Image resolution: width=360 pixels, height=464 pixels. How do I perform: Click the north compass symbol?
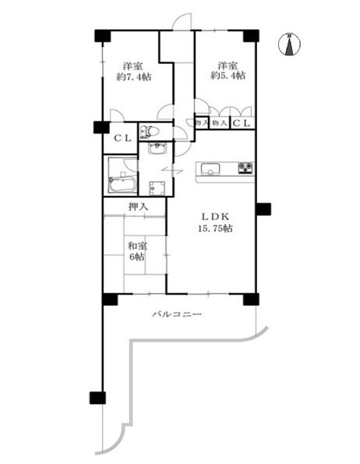click(x=289, y=44)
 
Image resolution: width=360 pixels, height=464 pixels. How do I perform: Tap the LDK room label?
click(x=215, y=217)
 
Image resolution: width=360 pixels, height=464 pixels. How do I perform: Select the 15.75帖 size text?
click(x=215, y=228)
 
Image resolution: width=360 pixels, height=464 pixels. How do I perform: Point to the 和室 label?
click(x=137, y=246)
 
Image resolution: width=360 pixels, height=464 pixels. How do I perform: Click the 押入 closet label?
click(x=138, y=207)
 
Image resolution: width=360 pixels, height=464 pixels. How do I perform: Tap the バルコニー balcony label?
click(x=177, y=314)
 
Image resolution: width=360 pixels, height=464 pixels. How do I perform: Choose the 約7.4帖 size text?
click(x=134, y=77)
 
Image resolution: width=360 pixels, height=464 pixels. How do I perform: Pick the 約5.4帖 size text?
click(x=228, y=76)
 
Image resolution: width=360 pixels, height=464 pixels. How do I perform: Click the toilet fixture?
click(x=150, y=132)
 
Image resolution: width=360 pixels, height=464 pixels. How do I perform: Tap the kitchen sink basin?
click(x=210, y=169)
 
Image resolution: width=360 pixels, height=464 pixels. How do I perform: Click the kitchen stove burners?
click(x=245, y=168)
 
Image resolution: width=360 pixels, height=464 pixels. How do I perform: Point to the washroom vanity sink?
click(x=157, y=148)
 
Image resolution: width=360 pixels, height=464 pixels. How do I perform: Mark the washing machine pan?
click(x=157, y=188)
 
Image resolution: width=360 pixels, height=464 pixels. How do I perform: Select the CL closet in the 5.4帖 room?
click(x=242, y=123)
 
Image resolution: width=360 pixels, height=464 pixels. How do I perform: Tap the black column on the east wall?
click(x=263, y=209)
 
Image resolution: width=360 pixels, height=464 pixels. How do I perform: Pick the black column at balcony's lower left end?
click(x=97, y=398)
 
